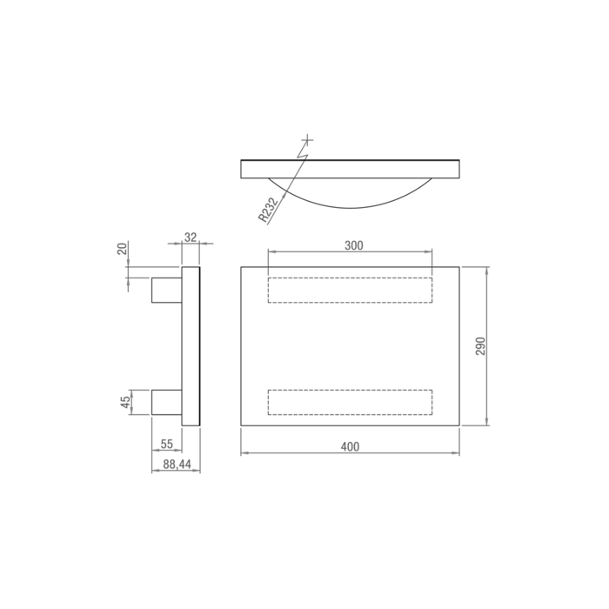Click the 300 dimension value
[x=353, y=245]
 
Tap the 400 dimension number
[x=349, y=446]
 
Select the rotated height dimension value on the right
[x=480, y=345]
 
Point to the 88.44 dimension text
[x=177, y=465]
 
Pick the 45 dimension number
[x=125, y=401]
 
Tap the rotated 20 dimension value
[x=123, y=249]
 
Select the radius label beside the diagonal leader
[x=268, y=209]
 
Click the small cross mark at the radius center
[x=306, y=139]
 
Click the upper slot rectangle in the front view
[x=350, y=289]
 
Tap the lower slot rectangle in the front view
[x=350, y=402]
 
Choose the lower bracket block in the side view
[x=166, y=401]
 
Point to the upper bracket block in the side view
[x=166, y=289]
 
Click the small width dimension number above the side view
[x=191, y=236]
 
